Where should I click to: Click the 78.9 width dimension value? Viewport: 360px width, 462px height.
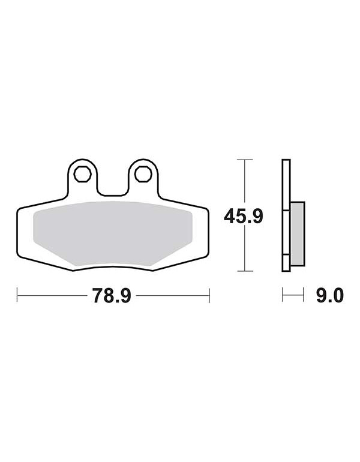(112, 296)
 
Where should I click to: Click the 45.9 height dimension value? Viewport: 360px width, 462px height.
(244, 217)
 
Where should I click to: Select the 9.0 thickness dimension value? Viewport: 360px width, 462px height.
(330, 296)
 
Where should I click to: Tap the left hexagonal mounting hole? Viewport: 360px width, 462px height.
(82, 174)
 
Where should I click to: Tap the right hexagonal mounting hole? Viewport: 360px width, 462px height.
(143, 174)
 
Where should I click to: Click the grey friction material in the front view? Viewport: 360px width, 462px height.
(113, 233)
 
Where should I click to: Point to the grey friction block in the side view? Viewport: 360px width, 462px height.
(297, 233)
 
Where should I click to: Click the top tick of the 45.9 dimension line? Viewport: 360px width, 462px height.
(245, 160)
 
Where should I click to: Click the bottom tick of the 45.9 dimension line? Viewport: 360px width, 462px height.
(245, 271)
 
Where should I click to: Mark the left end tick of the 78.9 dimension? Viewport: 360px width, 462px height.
(17, 295)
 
